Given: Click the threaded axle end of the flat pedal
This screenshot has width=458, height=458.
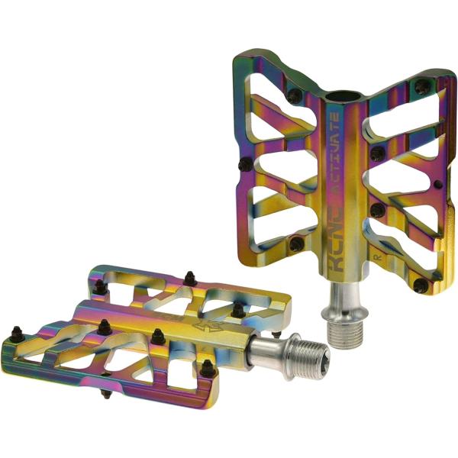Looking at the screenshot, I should [x=305, y=353].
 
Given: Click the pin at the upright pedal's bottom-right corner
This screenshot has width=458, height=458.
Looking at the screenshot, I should [x=420, y=285].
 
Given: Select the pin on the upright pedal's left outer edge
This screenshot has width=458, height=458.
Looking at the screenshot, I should [x=244, y=164].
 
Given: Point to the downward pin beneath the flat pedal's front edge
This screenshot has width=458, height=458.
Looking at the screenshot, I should [x=105, y=395].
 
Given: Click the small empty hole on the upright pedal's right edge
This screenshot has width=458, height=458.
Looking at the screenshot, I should [x=436, y=185].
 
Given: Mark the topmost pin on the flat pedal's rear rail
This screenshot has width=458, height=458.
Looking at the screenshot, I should [x=188, y=276].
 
